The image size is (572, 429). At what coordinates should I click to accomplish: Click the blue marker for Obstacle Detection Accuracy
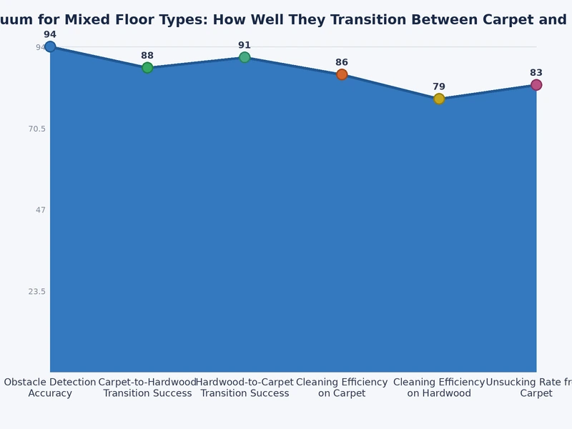coord(50,47)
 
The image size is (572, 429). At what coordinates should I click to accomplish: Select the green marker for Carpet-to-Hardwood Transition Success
coord(147,68)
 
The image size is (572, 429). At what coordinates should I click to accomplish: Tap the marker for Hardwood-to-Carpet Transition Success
coord(245,57)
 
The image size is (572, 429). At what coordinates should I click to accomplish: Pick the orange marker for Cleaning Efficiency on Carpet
coord(342,74)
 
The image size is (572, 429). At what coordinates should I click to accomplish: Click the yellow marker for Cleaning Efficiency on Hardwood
coord(439,99)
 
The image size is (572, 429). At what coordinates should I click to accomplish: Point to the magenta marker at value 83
coord(536,85)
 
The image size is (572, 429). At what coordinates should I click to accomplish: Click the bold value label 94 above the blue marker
coord(50,34)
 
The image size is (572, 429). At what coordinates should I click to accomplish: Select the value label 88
coord(147,55)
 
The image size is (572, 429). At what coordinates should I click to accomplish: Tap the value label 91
coord(245,45)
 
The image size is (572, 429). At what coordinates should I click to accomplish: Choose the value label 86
coord(342,62)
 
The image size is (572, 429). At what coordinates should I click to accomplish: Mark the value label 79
coord(439,87)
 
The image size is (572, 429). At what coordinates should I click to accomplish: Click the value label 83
coord(536,72)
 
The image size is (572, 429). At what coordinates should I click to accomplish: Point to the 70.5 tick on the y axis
coord(36,129)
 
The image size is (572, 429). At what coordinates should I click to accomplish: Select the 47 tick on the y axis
coord(39,210)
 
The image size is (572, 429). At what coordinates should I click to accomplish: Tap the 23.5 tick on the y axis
coord(36,292)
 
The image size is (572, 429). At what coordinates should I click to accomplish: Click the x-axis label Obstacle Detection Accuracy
coord(50,388)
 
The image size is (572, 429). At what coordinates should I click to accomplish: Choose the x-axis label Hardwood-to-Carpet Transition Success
coord(245,388)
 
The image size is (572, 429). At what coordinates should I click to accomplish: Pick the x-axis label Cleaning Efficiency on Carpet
coord(342,388)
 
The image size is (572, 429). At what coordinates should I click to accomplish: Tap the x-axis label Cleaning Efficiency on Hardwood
coord(439,388)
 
